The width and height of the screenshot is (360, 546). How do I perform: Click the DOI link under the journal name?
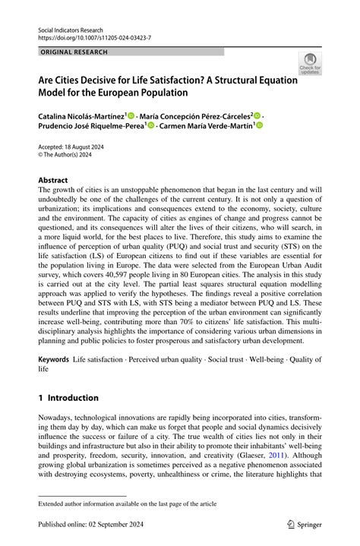coord(94,37)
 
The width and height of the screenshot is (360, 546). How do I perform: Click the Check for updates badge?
coord(309,64)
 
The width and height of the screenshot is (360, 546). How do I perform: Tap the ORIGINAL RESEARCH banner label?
coord(74,52)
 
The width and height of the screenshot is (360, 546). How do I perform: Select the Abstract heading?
coord(53,180)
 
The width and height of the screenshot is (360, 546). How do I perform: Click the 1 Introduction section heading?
coord(69,398)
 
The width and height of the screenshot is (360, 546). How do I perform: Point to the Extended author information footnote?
coord(128,503)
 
